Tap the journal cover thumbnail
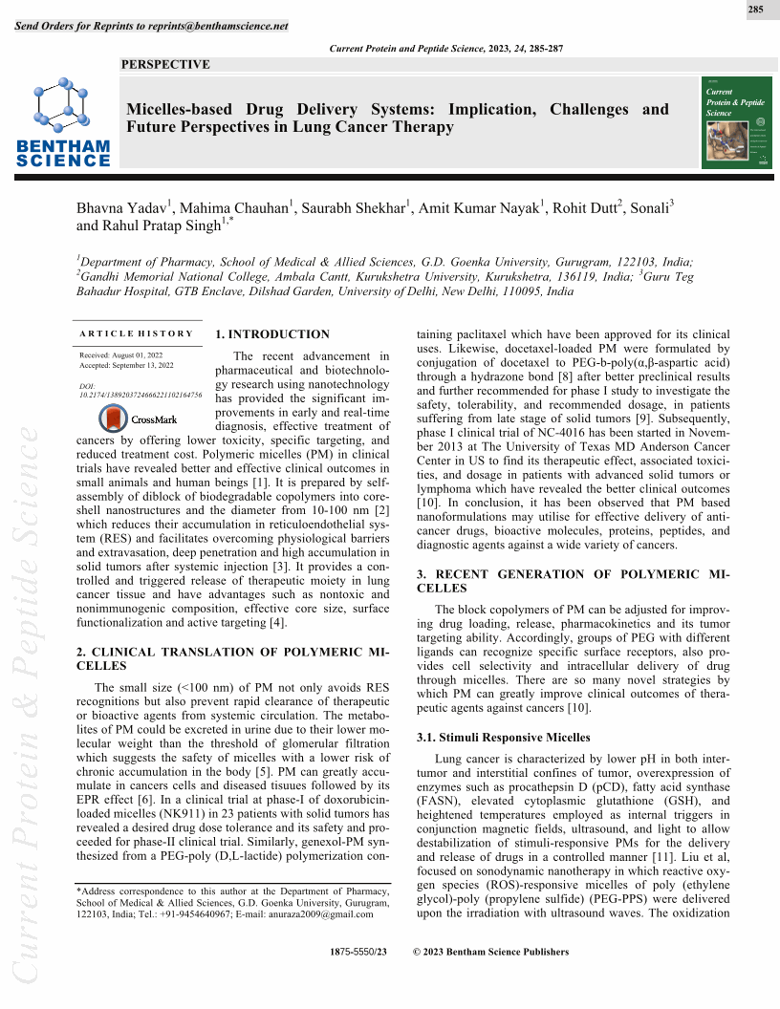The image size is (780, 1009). tap(736, 121)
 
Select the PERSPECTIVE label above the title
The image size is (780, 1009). tap(166, 65)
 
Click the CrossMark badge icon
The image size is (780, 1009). tap(114, 419)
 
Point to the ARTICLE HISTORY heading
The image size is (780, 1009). tap(136, 333)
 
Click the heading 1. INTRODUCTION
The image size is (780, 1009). tap(272, 334)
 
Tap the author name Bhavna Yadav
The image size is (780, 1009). tap(121, 210)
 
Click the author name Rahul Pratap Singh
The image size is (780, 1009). tap(159, 228)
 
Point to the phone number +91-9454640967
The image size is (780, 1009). tap(205, 913)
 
